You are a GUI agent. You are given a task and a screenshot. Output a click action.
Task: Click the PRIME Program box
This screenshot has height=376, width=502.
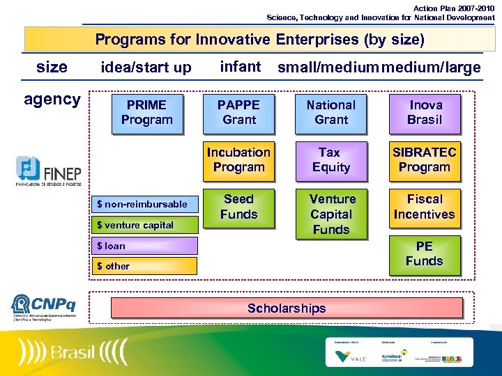[x=146, y=113]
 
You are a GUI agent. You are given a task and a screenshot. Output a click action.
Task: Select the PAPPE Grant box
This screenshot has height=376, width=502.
[x=239, y=113]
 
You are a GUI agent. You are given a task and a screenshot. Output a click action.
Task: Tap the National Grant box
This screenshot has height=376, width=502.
[x=331, y=113]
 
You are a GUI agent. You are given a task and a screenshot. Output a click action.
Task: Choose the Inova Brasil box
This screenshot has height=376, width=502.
[x=425, y=113]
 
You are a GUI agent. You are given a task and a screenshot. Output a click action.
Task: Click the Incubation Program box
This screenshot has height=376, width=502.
[x=239, y=160]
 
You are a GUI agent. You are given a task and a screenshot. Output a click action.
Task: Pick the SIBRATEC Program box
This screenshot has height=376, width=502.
[x=425, y=160]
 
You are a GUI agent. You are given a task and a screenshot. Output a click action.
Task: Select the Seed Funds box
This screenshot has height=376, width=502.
[x=239, y=207]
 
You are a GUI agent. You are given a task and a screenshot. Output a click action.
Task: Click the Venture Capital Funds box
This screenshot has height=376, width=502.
[x=331, y=214]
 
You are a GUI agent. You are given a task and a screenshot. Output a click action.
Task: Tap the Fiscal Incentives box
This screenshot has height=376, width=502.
[x=425, y=207]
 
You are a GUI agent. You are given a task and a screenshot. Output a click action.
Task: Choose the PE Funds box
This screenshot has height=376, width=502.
[x=425, y=254]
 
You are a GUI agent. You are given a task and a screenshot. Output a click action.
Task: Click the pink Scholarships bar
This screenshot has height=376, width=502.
[x=287, y=308]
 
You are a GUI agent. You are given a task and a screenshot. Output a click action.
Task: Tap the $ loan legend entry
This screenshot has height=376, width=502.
[x=146, y=246]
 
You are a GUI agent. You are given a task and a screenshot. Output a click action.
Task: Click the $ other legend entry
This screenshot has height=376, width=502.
[x=146, y=266]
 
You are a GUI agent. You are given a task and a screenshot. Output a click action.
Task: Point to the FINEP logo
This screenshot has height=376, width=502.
[x=48, y=172]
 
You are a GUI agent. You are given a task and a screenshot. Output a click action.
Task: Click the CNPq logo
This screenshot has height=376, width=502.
[x=44, y=306]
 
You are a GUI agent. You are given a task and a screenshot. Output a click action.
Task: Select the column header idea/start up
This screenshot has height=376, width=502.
[x=146, y=68]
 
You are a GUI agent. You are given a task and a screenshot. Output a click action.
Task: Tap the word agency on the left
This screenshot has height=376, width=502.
[x=52, y=100]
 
